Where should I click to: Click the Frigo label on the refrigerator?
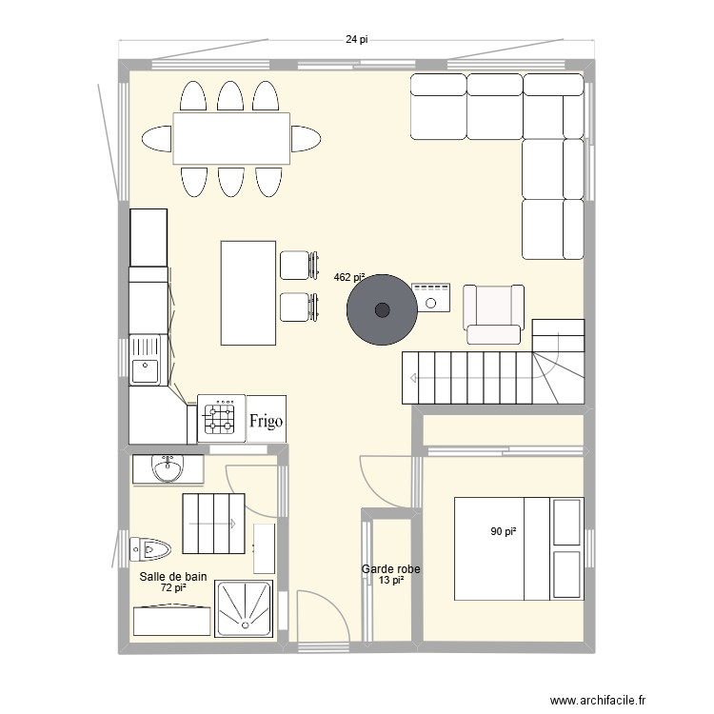pos(266,421)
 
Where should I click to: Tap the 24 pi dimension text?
pos(357,40)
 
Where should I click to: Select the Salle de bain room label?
pos(173,577)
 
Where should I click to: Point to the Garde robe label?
pos(390,569)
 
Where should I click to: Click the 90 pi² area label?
pos(504,531)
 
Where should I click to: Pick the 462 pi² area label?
pos(349,277)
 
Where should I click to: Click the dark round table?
pos(382,310)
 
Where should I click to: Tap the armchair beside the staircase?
pos(493,314)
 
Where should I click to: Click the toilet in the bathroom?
pos(149,549)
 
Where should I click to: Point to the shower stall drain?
pos(246,625)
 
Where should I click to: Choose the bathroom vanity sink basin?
pos(168,468)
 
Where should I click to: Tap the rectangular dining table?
pos(231,138)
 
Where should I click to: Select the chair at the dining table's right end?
pos(306,138)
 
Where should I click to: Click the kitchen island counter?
pos(248,293)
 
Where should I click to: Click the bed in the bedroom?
pos(519,548)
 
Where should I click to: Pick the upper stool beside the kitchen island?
pos(299,265)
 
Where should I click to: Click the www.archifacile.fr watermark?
pos(598,701)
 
